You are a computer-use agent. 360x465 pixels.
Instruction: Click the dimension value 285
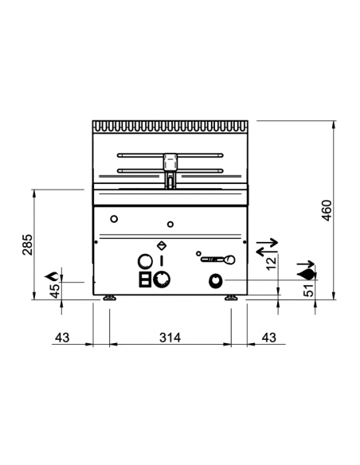[x=26, y=245]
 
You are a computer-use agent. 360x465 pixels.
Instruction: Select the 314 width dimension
[x=170, y=338]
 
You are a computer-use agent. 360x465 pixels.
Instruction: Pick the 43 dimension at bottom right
[x=269, y=338]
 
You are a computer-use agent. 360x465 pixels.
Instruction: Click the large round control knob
[x=162, y=279]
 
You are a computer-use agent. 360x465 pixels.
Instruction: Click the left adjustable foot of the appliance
[x=109, y=299]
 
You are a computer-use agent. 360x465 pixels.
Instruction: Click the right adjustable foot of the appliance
[x=231, y=299]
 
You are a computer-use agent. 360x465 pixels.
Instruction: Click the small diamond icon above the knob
[x=162, y=246]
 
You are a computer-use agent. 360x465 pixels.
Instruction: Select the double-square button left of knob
[x=145, y=279]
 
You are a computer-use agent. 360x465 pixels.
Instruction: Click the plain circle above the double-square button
[x=145, y=260]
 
